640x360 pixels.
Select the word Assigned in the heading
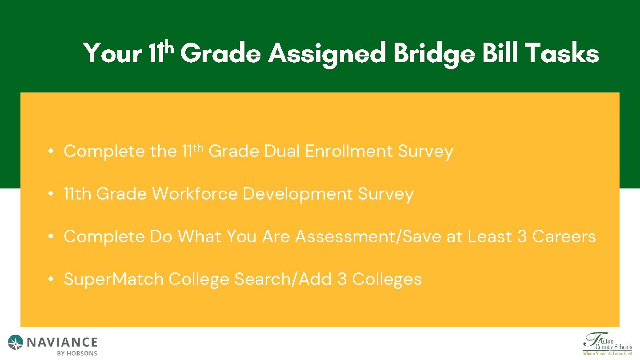point(327,54)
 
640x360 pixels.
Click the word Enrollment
point(349,152)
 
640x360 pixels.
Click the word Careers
point(564,237)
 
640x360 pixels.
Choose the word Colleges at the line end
point(387,280)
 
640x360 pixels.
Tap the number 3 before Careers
point(522,237)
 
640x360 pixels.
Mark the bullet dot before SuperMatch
point(52,280)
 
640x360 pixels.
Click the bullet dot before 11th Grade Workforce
point(52,194)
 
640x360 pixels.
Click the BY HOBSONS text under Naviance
point(77,353)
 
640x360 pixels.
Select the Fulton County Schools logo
point(607,344)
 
